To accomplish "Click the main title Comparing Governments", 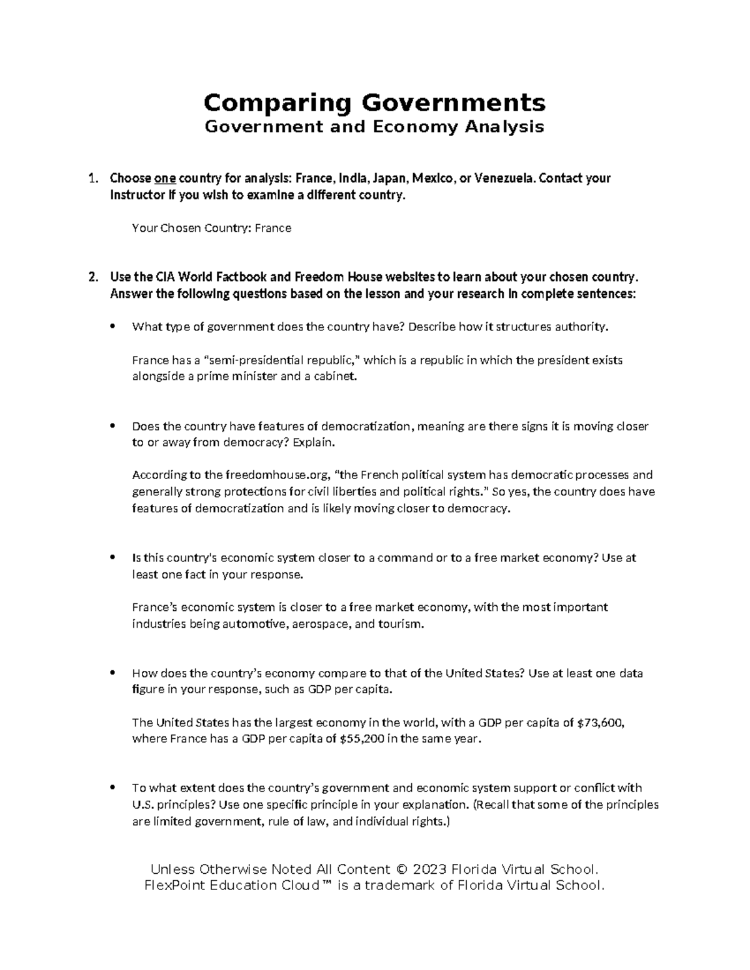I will coord(374,102).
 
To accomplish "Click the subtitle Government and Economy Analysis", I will coord(374,127).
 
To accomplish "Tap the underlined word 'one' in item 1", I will coord(165,179).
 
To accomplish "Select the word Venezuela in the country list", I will coord(505,179).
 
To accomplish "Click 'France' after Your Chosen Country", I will coord(273,229).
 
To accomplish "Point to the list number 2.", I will coord(92,277).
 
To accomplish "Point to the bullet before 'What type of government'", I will coord(112,327).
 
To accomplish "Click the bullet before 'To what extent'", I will coord(112,788).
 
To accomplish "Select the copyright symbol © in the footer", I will coord(402,869).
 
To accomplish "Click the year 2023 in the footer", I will coord(429,869).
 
